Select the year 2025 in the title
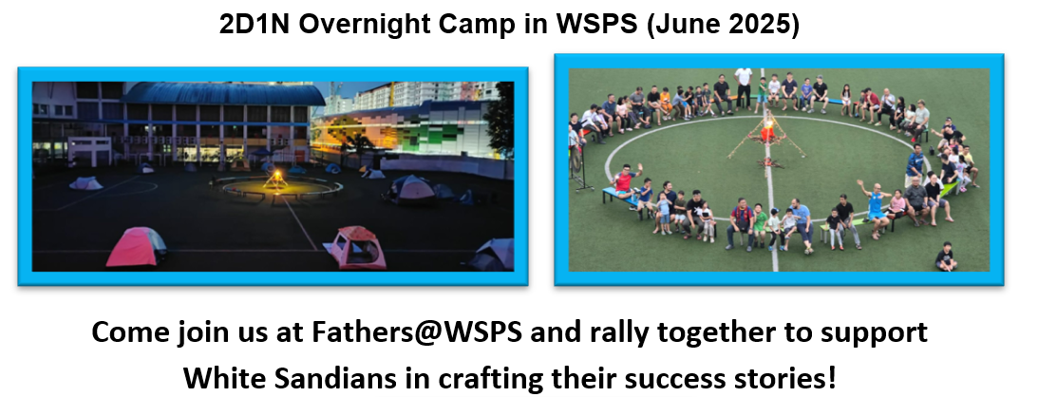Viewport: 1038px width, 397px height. point(757,24)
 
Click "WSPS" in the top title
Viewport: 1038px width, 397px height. point(596,24)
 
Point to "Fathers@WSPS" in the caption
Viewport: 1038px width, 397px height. point(416,332)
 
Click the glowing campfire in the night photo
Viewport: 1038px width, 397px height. point(275,180)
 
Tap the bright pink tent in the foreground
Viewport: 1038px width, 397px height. point(136,246)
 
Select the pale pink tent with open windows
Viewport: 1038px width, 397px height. point(354,247)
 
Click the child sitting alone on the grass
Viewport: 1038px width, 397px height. point(947,256)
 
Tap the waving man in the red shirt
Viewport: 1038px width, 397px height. point(626,180)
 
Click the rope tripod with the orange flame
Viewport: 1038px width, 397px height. point(766,136)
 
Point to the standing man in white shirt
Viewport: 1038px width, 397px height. point(744,86)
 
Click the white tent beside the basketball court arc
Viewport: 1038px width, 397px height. point(86,182)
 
